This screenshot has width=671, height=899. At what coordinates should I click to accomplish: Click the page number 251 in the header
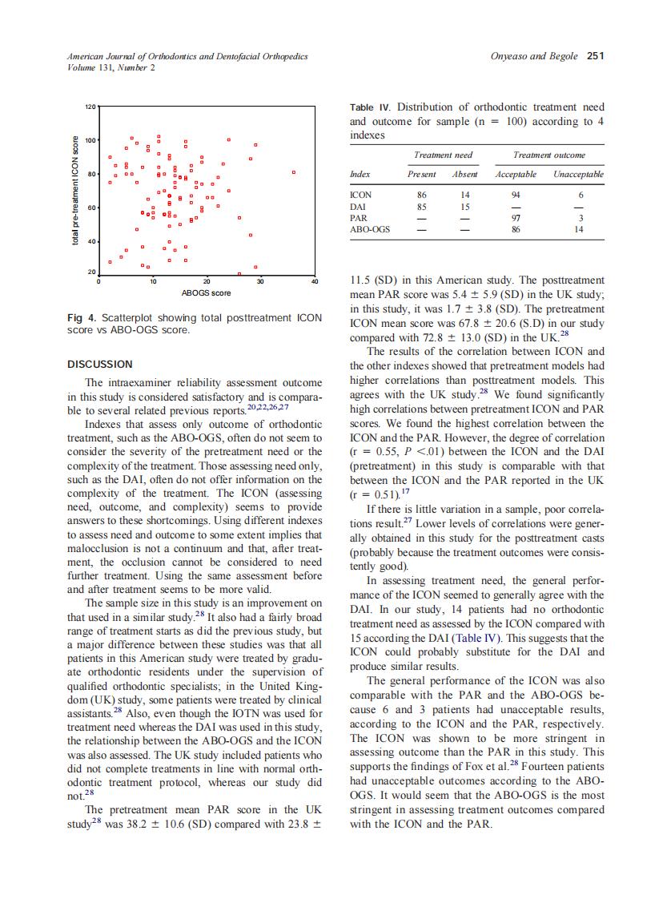(595, 56)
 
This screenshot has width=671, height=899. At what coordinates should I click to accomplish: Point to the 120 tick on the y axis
(90, 107)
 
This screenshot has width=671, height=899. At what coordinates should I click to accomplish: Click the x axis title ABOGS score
(206, 293)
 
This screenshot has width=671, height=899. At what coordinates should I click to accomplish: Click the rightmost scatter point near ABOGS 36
(294, 172)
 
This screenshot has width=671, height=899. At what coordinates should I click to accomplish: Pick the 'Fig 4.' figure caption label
(80, 318)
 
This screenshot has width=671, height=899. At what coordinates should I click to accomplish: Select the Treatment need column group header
(443, 155)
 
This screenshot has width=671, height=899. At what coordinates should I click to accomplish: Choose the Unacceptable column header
(577, 174)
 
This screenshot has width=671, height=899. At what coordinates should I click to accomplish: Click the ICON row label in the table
(361, 195)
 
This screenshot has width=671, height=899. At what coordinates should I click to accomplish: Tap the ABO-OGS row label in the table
(370, 229)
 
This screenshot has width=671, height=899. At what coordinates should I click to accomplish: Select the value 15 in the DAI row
(464, 206)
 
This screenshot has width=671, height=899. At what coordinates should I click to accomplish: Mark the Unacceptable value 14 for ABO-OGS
(579, 229)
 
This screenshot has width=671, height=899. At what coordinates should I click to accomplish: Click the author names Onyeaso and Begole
(535, 56)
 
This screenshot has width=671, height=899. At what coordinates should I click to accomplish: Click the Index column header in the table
(360, 174)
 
